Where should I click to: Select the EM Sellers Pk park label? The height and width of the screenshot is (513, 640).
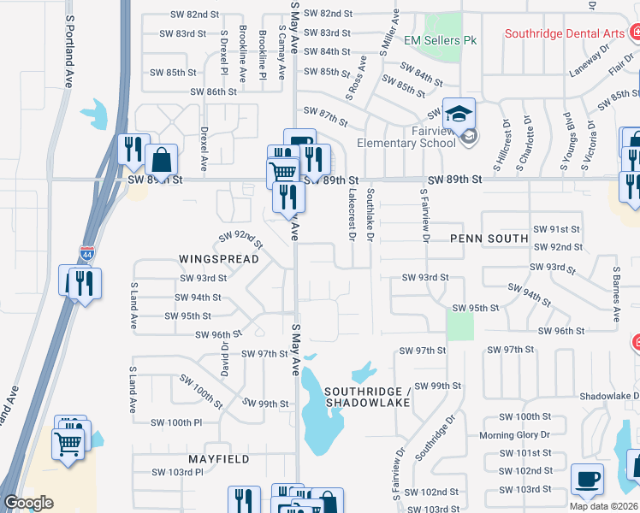pyautogui.click(x=440, y=40)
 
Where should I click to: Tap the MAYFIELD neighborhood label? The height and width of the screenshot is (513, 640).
pyautogui.click(x=220, y=459)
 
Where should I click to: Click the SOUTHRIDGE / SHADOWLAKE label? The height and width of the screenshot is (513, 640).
pyautogui.click(x=367, y=397)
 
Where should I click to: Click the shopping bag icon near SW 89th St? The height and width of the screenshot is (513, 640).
pyautogui.click(x=161, y=159)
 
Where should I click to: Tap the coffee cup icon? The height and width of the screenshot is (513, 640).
pyautogui.click(x=587, y=481)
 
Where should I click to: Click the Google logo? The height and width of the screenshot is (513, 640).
pyautogui.click(x=28, y=503)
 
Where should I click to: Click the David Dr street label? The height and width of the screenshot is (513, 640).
pyautogui.click(x=225, y=359)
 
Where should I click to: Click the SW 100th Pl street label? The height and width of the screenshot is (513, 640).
pyautogui.click(x=175, y=422)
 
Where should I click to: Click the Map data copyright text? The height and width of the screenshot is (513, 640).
pyautogui.click(x=602, y=506)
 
